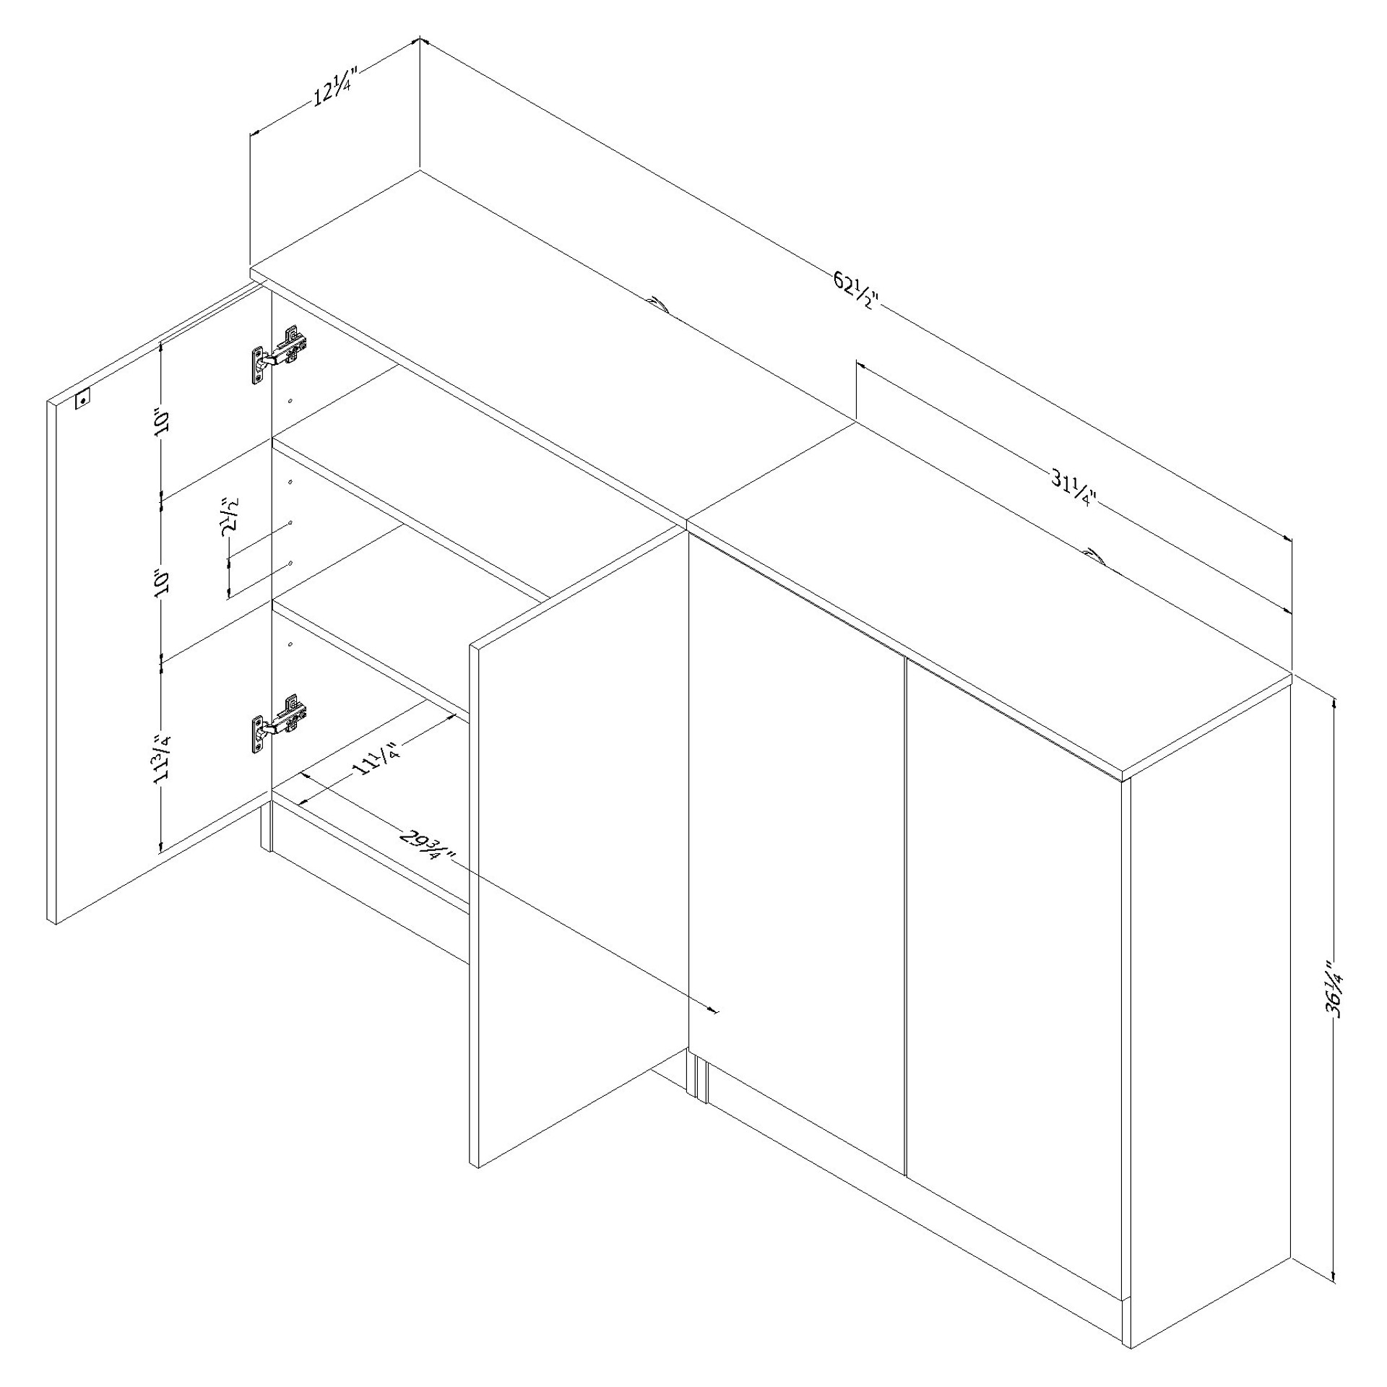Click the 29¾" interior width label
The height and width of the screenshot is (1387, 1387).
(425, 844)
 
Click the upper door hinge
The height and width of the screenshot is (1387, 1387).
(279, 355)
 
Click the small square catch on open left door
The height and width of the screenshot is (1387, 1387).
(83, 399)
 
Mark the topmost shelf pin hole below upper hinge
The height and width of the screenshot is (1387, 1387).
(290, 401)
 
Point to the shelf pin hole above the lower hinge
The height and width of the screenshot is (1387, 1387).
(290, 644)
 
